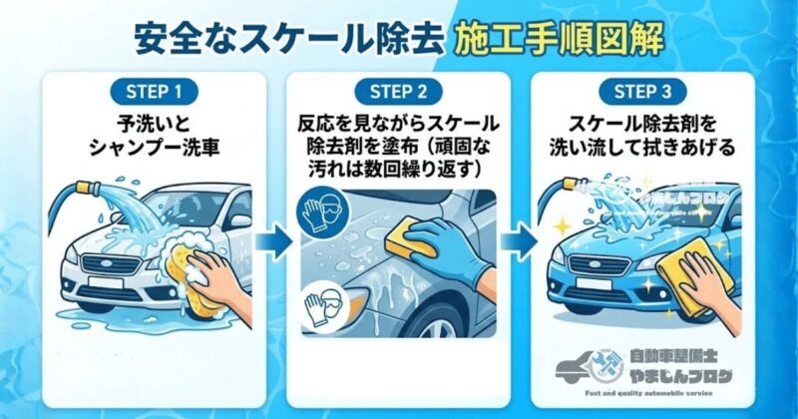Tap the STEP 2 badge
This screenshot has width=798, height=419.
point(398,91)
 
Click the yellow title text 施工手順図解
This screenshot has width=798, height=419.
point(556,39)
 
